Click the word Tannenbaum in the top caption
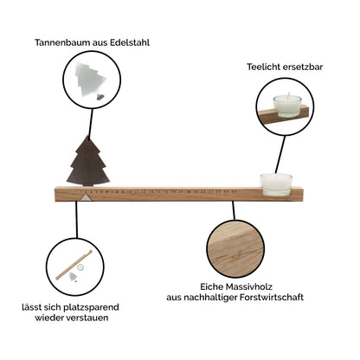click(x=62, y=42)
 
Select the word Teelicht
click(x=263, y=67)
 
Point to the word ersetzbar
click(x=303, y=67)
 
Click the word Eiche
click(x=212, y=287)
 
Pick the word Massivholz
click(x=249, y=287)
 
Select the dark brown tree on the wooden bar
click(x=88, y=161)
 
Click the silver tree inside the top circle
click(x=90, y=80)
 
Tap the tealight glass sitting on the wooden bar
click(x=276, y=184)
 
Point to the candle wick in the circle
click(x=288, y=95)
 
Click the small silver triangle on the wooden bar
click(x=85, y=197)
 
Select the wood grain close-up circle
click(x=235, y=248)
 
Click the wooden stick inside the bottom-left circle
click(x=74, y=265)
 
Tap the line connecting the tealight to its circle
click(x=280, y=154)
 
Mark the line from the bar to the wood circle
click(x=234, y=210)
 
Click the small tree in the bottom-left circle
click(x=74, y=276)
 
